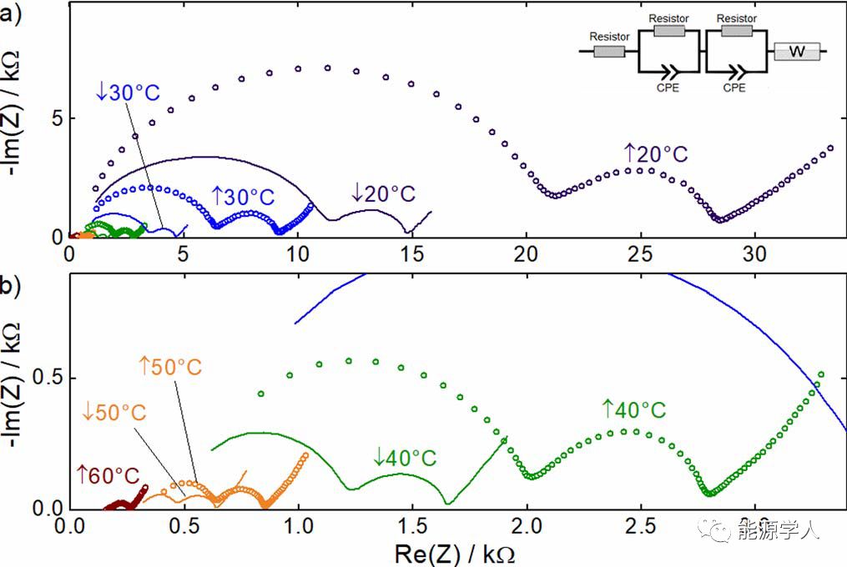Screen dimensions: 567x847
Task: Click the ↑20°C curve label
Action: (x=656, y=154)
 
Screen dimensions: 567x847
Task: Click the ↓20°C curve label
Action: (x=383, y=193)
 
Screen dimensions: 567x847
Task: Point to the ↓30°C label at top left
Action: (x=127, y=92)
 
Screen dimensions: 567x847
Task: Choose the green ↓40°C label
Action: (x=406, y=458)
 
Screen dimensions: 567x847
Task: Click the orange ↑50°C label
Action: (x=170, y=366)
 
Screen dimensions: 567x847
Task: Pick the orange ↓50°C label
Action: (x=113, y=411)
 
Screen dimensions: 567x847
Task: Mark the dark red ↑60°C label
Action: (x=108, y=475)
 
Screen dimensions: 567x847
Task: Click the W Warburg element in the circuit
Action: (x=797, y=52)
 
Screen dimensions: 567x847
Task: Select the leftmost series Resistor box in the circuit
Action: (x=609, y=52)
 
